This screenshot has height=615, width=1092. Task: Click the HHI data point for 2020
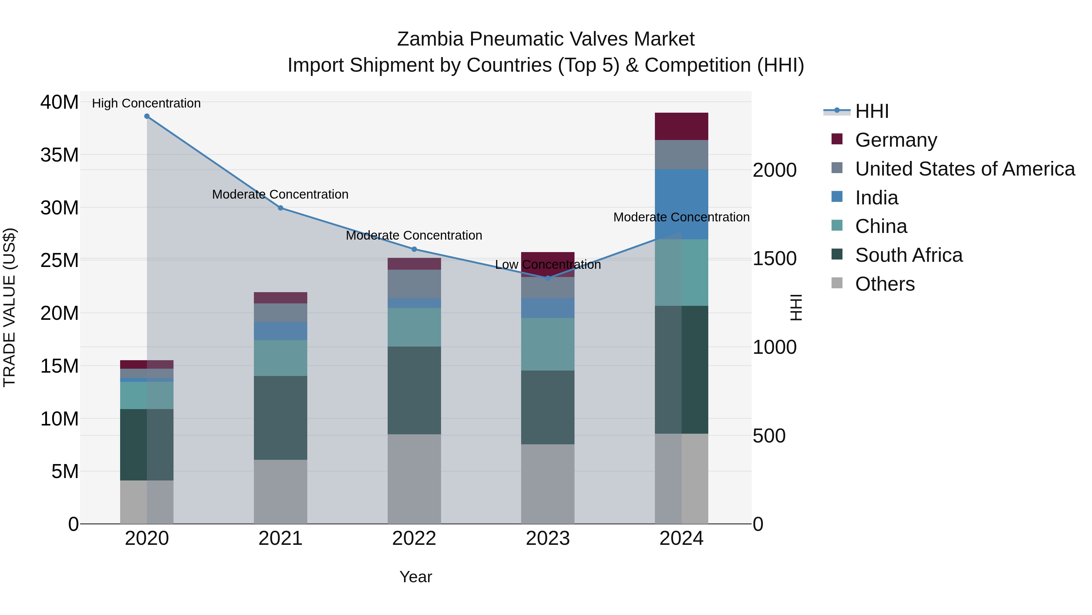(x=147, y=116)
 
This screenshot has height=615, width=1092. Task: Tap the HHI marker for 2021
(x=280, y=208)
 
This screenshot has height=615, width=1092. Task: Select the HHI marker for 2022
(x=414, y=249)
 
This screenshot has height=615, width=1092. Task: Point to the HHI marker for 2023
(x=548, y=278)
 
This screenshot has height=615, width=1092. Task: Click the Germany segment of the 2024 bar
(x=681, y=126)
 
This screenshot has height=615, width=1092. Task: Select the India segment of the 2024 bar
(x=681, y=204)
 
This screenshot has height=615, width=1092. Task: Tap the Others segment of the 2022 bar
(x=414, y=479)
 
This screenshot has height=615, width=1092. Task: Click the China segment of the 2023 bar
(x=548, y=344)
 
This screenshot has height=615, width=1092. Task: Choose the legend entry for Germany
(x=895, y=140)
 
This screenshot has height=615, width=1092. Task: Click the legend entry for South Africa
(x=908, y=255)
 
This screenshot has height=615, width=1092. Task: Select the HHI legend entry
(x=871, y=111)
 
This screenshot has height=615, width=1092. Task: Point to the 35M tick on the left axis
(x=59, y=155)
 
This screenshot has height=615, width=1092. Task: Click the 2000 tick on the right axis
(x=774, y=170)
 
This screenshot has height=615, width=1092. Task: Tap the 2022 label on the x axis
(x=414, y=538)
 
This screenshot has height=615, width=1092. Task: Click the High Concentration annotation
(x=146, y=103)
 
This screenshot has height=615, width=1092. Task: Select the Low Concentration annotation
(x=548, y=265)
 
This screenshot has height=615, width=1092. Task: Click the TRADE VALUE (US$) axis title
(x=9, y=307)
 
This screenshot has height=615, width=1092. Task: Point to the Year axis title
(x=416, y=577)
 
